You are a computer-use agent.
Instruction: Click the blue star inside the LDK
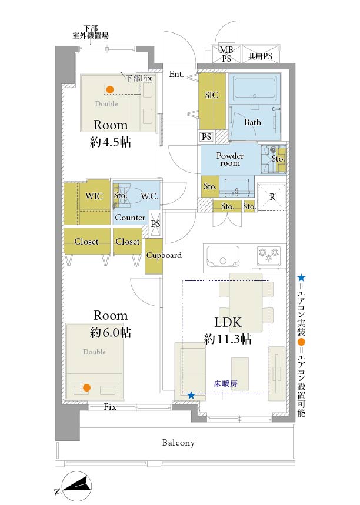coord(191,395)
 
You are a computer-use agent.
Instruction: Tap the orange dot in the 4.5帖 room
coord(110,89)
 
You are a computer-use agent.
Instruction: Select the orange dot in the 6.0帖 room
coord(86,388)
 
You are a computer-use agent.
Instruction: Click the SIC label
coord(211,95)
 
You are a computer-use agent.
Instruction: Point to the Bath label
coord(253,122)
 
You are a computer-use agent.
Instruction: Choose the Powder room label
coord(230,159)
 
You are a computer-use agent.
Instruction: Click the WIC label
coord(94,196)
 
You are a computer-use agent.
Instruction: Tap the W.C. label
coord(149,196)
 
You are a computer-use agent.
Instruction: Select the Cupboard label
coord(164,255)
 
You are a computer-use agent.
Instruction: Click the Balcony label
coord(179,443)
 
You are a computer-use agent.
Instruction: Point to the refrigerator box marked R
coord(272,197)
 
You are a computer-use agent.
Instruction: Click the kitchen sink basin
coord(223,256)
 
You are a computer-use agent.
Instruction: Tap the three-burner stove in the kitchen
coord(269,254)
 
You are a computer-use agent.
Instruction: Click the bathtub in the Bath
coord(255,87)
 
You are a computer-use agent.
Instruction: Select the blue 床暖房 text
coord(226,383)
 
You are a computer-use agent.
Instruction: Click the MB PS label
coord(226,54)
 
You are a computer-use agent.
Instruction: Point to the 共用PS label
coord(261,56)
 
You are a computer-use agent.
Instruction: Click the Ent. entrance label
coord(176,74)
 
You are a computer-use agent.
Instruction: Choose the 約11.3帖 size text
coord(228,339)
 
